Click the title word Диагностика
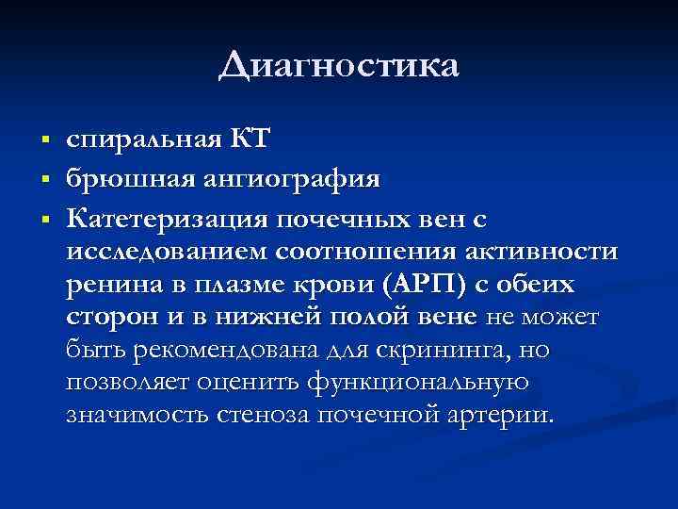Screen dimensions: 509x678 [339, 66]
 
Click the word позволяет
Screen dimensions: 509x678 [125, 383]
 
